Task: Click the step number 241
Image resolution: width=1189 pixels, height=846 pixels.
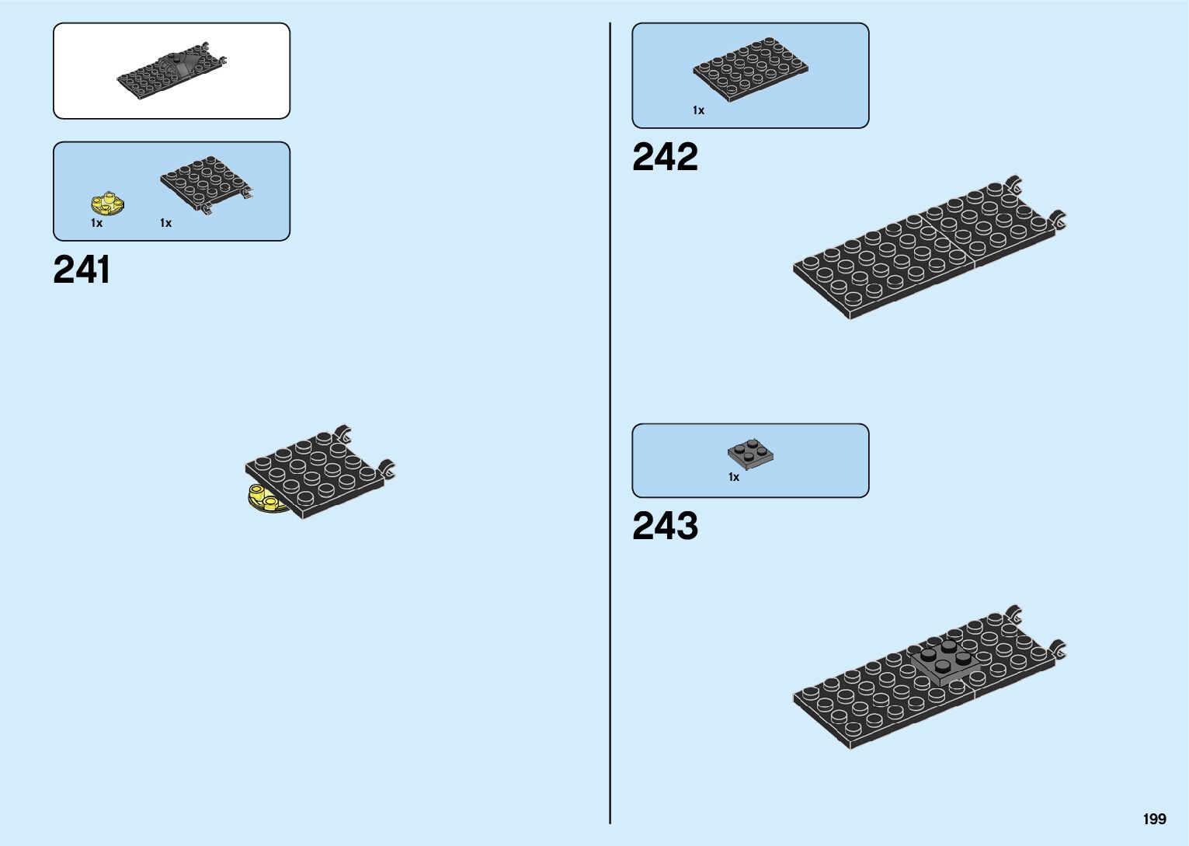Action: pos(82,270)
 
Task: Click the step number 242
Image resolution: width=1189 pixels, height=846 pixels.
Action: pos(665,157)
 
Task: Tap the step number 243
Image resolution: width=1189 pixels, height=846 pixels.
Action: pos(665,526)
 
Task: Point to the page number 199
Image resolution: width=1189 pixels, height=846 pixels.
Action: pos(1154,819)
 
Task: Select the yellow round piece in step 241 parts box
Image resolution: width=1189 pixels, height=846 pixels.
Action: pos(108,204)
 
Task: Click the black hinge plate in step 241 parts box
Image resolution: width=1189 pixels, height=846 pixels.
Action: pos(206,185)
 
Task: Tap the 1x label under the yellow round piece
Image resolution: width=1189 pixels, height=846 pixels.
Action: pos(96,223)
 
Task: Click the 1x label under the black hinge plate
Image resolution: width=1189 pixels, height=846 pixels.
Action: pos(165,223)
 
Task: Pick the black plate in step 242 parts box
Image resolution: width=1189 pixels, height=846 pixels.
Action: pos(749,68)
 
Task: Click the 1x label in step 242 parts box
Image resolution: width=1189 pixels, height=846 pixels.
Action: pos(698,110)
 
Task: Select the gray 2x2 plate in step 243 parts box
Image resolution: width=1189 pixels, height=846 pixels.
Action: pos(750,454)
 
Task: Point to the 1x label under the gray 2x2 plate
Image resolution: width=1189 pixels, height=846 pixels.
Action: pos(733,477)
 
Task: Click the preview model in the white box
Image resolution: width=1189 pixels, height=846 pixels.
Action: pos(172,71)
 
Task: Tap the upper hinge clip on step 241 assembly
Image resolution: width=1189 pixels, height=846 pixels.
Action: pos(342,434)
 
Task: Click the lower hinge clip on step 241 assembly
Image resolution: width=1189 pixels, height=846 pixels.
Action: pos(386,469)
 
